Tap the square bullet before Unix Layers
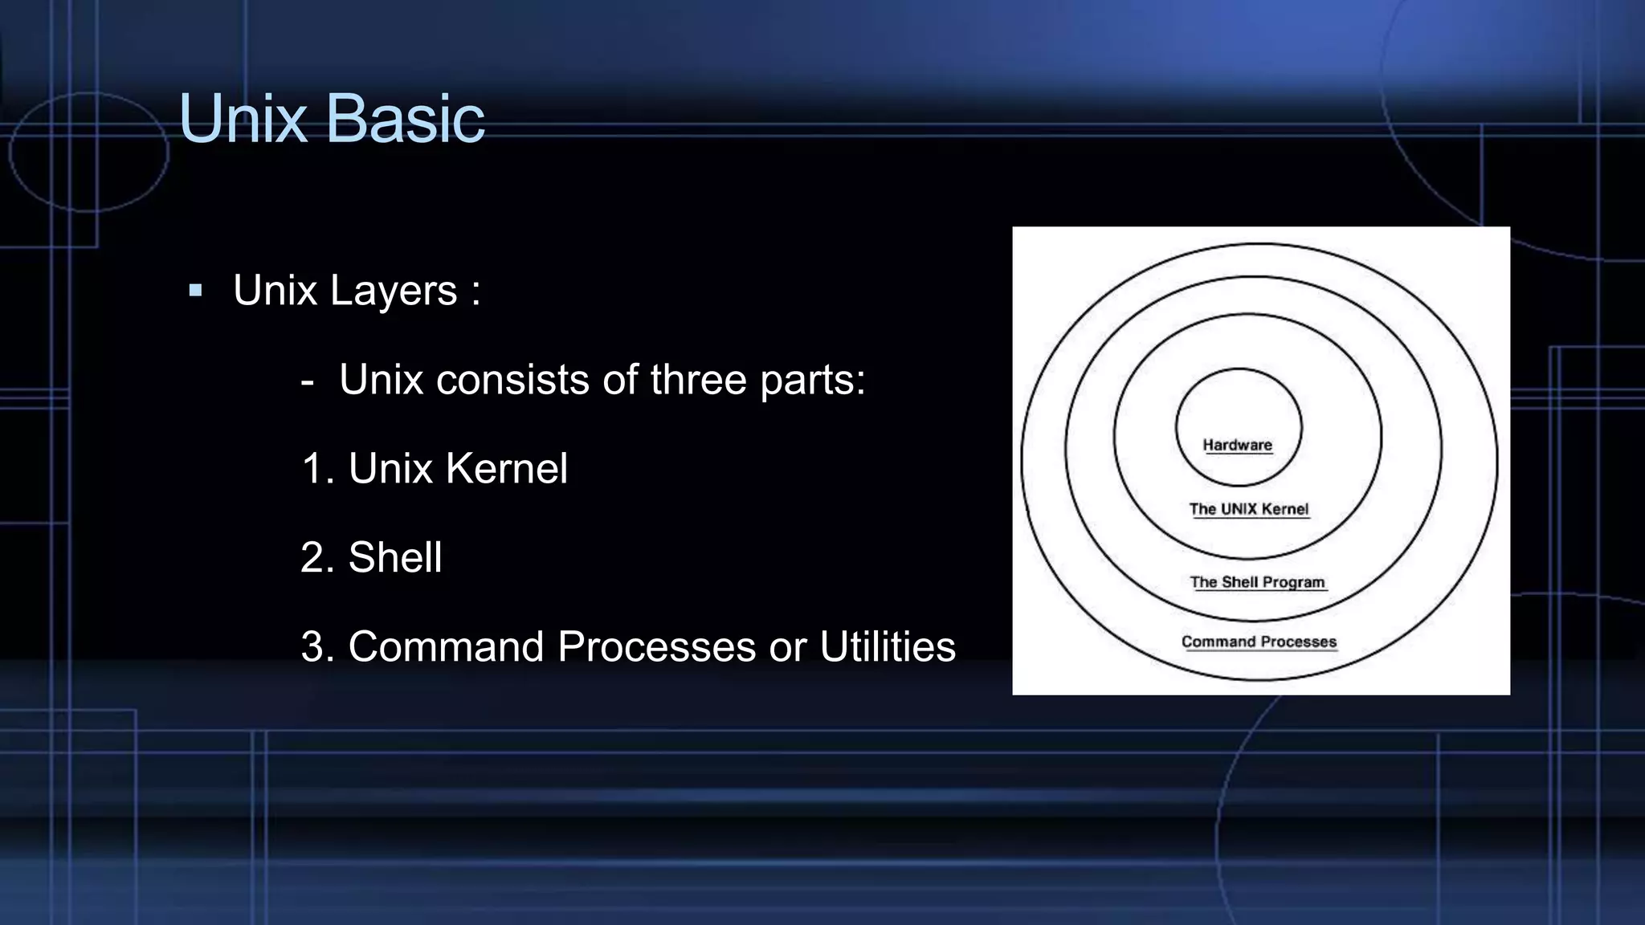click(195, 290)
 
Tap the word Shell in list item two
click(394, 557)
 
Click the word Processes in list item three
click(656, 646)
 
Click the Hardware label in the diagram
click(1237, 445)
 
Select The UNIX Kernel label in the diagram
click(1249, 509)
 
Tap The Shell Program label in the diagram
click(1257, 582)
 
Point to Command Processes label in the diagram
click(1259, 642)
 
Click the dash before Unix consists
click(307, 381)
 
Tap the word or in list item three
click(787, 646)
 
